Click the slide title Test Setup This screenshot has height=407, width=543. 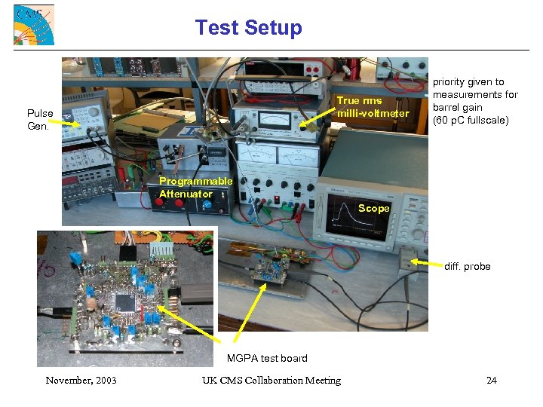pos(248,28)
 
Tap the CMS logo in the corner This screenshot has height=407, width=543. pos(34,25)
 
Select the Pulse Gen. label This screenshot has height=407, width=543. pos(40,119)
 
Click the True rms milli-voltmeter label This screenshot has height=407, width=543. pos(373,107)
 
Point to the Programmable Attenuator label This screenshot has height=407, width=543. pos(195,188)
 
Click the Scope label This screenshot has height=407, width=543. pos(373,208)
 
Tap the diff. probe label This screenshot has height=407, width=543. pos(467,266)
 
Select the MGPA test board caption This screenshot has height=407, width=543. pos(267,357)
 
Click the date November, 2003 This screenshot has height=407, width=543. pos(81,380)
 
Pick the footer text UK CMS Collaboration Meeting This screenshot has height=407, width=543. pos(271,380)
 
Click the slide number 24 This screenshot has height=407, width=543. pos(491,380)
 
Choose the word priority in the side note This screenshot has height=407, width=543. pos(450,81)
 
